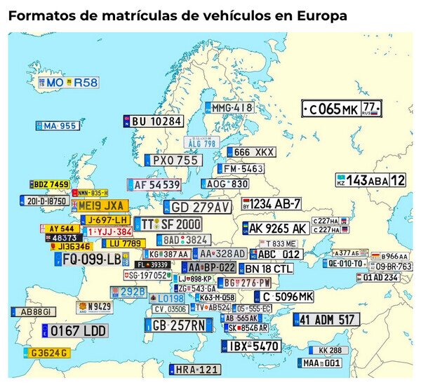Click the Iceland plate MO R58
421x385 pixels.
point(69,83)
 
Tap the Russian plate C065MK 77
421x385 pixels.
point(342,109)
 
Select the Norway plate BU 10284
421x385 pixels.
point(153,121)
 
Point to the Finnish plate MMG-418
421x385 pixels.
point(229,108)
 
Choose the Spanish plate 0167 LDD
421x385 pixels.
point(75,330)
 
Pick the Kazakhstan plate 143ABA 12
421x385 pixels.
point(370,180)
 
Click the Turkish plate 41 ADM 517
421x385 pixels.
point(326,320)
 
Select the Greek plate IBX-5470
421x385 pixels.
point(251,346)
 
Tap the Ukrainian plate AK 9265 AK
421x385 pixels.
point(275,229)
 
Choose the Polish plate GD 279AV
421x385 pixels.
point(196,208)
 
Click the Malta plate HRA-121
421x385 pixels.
point(194,370)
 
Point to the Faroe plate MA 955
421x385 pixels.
point(57,126)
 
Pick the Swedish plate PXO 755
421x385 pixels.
point(173,161)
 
